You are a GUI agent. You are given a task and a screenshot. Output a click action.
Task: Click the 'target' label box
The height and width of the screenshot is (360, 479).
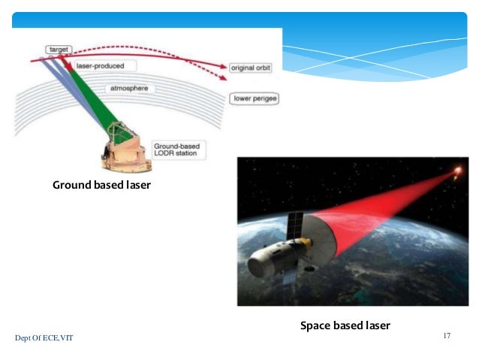57,49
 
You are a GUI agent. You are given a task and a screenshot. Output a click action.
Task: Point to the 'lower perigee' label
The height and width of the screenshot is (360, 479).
254,98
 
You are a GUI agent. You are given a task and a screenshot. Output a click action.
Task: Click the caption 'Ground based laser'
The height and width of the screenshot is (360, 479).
101,184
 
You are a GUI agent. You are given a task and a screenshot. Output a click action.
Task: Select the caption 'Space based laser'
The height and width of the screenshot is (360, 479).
345,325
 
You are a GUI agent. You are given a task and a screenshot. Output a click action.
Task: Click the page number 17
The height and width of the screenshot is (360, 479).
447,335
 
